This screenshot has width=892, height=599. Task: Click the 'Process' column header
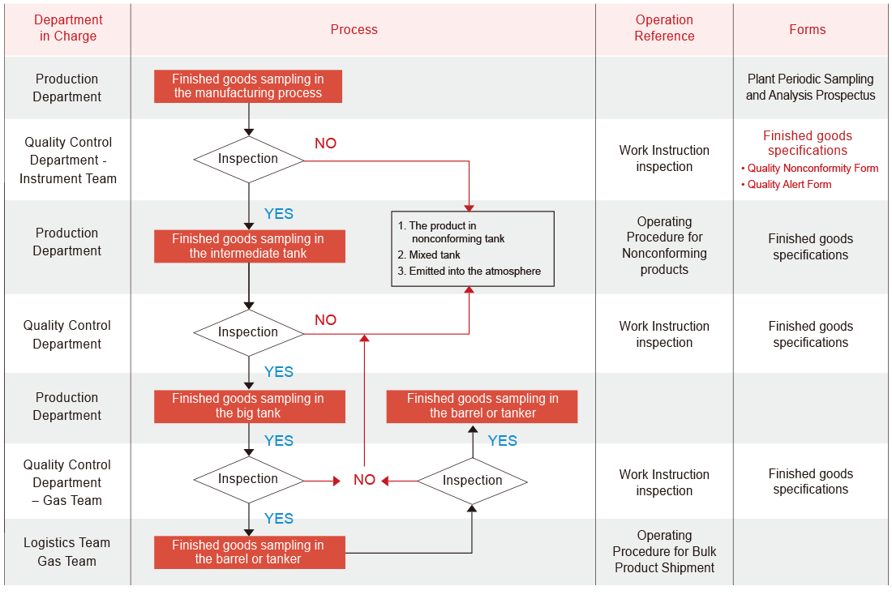pyautogui.click(x=354, y=29)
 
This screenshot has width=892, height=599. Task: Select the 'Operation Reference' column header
pyautogui.click(x=664, y=28)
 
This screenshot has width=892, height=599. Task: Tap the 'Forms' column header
pyautogui.click(x=807, y=29)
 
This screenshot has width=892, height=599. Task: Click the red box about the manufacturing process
pyautogui.click(x=248, y=86)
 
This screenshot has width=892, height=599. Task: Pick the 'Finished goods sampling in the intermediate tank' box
pyautogui.click(x=248, y=246)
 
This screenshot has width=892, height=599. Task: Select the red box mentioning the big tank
pyautogui.click(x=248, y=406)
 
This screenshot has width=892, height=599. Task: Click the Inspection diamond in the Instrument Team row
pyautogui.click(x=248, y=159)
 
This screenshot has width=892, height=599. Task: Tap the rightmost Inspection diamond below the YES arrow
pyautogui.click(x=473, y=481)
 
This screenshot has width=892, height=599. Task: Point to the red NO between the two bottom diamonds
pyautogui.click(x=364, y=480)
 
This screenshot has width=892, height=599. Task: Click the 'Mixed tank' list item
pyautogui.click(x=435, y=255)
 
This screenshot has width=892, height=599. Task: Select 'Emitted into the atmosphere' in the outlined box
pyautogui.click(x=474, y=272)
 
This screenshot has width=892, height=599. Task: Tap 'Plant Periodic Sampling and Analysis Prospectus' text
pyautogui.click(x=810, y=88)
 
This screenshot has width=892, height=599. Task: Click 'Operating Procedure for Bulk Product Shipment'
pyautogui.click(x=664, y=551)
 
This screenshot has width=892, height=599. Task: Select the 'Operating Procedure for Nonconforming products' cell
pyautogui.click(x=664, y=246)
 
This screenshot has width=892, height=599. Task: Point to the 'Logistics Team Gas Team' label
pyautogui.click(x=67, y=552)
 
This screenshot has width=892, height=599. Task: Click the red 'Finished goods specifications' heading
pyautogui.click(x=808, y=143)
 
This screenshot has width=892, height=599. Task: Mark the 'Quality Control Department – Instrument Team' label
pyautogui.click(x=68, y=160)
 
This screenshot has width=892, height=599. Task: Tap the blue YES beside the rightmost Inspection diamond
pyautogui.click(x=502, y=441)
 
